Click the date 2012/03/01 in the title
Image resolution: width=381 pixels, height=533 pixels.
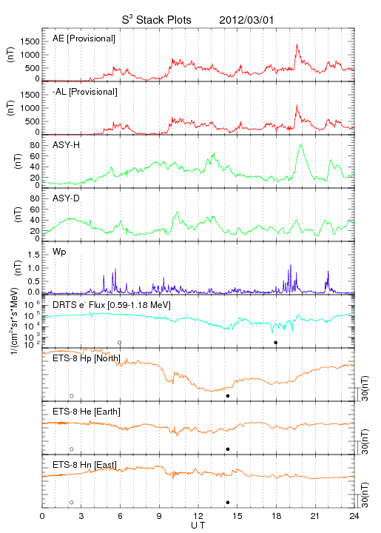(x=246, y=20)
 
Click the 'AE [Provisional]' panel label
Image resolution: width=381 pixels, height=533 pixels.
(x=84, y=38)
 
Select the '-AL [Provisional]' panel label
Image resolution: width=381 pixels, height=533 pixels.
(x=85, y=92)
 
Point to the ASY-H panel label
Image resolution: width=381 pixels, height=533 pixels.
(x=67, y=145)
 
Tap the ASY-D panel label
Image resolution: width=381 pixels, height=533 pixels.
(x=67, y=198)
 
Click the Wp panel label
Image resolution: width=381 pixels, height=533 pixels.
(x=59, y=252)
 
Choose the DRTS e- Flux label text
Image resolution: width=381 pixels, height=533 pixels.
(x=112, y=305)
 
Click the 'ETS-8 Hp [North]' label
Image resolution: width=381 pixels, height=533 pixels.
(x=87, y=358)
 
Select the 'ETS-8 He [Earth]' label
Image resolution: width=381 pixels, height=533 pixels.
(x=87, y=412)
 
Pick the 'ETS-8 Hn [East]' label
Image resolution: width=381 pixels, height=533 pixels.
(x=84, y=465)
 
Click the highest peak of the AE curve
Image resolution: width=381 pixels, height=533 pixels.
(x=297, y=44)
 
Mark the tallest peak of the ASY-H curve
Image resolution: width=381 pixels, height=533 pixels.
(x=300, y=145)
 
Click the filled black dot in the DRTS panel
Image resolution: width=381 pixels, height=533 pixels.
(x=276, y=343)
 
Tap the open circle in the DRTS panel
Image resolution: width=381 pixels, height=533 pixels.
(x=120, y=343)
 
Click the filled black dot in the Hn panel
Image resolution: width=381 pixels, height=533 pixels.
(x=228, y=503)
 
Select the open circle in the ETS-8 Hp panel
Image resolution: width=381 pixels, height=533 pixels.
(x=72, y=395)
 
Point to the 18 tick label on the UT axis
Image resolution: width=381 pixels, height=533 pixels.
(x=277, y=516)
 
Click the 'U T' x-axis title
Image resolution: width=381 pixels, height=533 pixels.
(x=198, y=526)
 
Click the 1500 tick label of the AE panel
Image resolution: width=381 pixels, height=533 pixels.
(x=30, y=41)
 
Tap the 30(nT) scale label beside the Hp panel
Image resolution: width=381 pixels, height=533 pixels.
(x=365, y=388)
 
